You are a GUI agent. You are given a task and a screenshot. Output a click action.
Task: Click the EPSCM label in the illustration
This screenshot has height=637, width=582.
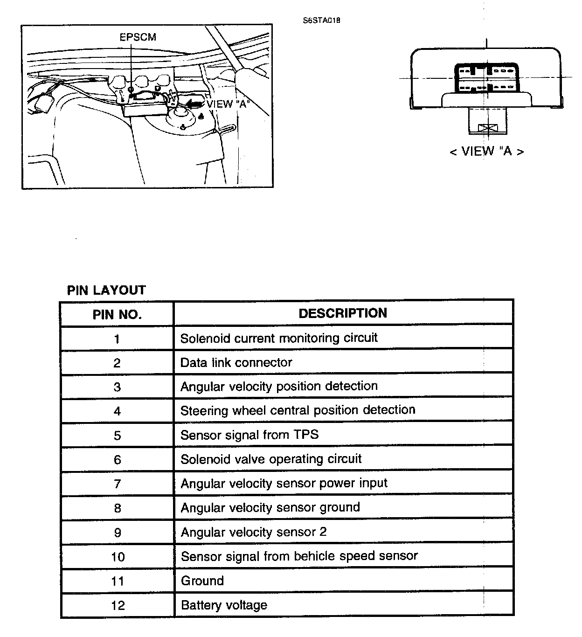(x=138, y=37)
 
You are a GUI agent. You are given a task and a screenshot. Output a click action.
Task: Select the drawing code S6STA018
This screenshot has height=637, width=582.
(x=321, y=21)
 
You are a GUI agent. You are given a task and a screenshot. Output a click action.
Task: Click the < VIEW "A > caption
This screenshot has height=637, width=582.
(x=486, y=151)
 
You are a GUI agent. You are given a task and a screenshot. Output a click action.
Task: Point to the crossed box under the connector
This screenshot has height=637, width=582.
(x=488, y=128)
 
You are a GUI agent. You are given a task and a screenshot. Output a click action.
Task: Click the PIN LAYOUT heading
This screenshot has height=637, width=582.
(x=106, y=290)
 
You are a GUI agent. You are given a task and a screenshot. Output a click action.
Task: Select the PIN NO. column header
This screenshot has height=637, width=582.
(x=117, y=314)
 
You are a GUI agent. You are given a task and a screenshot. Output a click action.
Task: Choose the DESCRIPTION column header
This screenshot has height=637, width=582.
(x=343, y=313)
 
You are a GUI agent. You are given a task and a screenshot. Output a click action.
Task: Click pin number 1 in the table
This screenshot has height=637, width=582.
(x=117, y=339)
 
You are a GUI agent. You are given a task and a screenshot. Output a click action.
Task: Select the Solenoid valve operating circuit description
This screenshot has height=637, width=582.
(x=271, y=459)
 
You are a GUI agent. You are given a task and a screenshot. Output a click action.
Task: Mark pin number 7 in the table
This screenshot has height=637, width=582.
(x=117, y=484)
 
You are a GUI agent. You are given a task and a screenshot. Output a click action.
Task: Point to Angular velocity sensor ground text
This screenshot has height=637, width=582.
(x=270, y=507)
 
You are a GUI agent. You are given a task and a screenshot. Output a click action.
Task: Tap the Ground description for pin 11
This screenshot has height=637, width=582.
(x=202, y=581)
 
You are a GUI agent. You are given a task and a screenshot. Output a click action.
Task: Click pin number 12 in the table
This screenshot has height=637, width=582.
(x=118, y=605)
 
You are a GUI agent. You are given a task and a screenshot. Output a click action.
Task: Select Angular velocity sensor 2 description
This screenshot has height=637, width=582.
(x=254, y=532)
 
